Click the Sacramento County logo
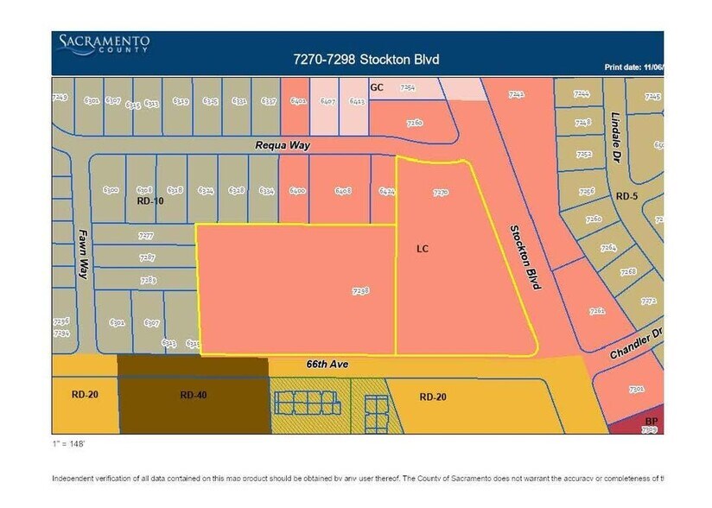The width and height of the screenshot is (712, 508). point(104,44)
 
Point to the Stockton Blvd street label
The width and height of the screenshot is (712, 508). point(524,257)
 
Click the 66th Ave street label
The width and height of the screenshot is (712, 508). point(327,365)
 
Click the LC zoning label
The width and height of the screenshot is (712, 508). point(423,248)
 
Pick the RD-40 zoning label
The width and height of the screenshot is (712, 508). point(193,395)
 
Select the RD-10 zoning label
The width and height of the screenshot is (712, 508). point(150,200)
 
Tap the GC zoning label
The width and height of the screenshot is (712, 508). point(377,87)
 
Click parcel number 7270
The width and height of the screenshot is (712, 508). point(441,193)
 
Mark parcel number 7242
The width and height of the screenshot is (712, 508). point(517,94)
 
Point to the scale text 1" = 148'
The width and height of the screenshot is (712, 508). point(69,443)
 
